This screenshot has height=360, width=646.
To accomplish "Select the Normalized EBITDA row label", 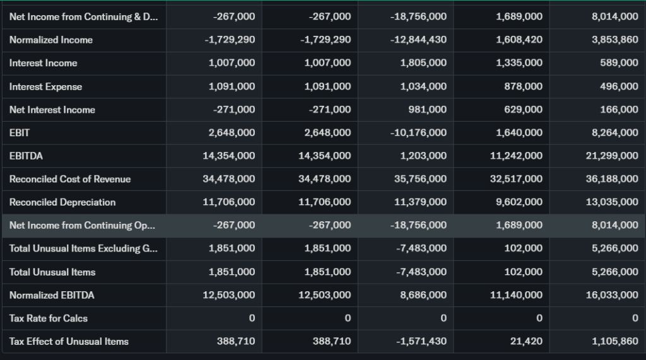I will (52, 295).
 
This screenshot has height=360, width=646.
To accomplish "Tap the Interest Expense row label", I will (45, 86).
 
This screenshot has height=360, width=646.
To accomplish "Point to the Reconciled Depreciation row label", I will (62, 202).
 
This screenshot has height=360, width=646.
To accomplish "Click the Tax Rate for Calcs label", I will (49, 318).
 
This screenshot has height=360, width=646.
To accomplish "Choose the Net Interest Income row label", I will (52, 110).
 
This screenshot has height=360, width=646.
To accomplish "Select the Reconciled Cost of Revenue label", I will (70, 179).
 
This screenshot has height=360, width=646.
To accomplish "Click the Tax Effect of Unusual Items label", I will (69, 342).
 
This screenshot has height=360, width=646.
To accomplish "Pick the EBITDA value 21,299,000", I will (612, 156).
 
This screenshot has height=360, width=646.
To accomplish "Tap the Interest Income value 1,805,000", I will (423, 63).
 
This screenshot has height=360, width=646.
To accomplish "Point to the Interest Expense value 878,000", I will (524, 86).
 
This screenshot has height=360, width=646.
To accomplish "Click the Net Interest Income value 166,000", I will (620, 110).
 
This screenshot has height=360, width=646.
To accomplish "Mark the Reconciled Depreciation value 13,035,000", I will (612, 202).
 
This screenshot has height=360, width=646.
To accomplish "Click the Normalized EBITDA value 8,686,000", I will (423, 295).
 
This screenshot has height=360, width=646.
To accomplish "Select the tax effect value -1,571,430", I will (421, 342).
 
